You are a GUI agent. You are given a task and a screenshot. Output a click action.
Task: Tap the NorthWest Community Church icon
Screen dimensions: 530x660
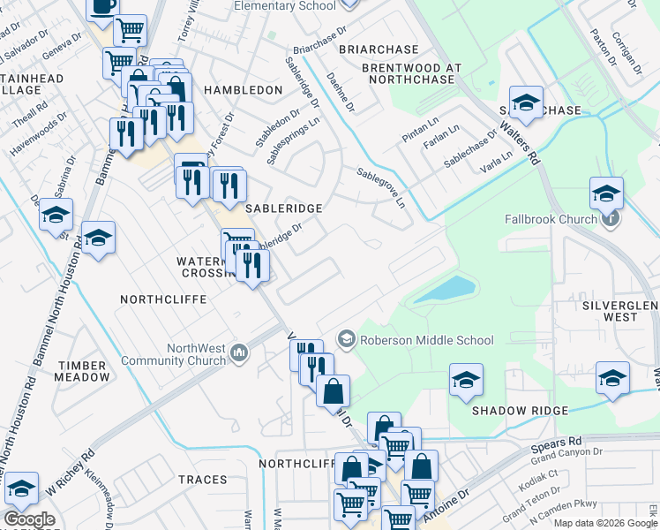click(x=237, y=354)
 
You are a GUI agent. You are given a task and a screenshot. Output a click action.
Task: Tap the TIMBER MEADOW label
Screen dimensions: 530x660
click(x=83, y=370)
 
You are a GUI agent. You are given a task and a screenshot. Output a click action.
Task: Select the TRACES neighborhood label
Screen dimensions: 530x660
click(x=202, y=480)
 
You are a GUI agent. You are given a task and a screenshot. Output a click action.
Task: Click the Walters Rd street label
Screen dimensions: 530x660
click(x=519, y=142)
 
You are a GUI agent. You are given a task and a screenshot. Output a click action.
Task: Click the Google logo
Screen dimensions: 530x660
click(x=29, y=519)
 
